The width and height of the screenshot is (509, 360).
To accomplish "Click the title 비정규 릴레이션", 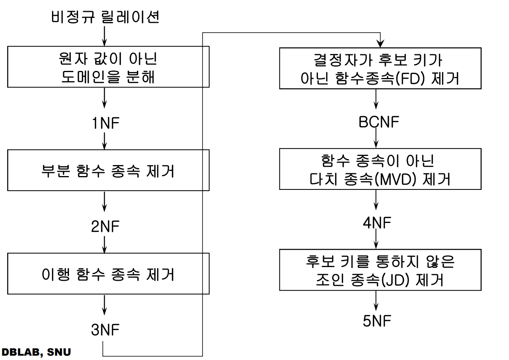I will [x=105, y=18].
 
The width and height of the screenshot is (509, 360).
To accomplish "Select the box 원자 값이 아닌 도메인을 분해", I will [x=108, y=67].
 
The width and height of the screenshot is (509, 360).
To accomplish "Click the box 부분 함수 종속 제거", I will [x=108, y=171].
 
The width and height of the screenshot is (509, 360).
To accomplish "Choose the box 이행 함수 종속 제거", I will [x=108, y=274].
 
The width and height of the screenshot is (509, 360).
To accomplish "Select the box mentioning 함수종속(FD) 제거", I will [x=380, y=69].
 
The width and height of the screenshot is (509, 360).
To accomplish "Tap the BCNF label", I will [x=379, y=122].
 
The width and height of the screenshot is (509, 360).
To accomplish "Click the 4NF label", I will [x=377, y=224].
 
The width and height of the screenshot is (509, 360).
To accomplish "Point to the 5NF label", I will [x=377, y=321].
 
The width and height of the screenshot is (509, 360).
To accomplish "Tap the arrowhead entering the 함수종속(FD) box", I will [x=380, y=43].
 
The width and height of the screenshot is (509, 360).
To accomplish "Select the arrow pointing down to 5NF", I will [x=377, y=301].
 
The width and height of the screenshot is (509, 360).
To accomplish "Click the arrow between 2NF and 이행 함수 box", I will [x=104, y=244].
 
